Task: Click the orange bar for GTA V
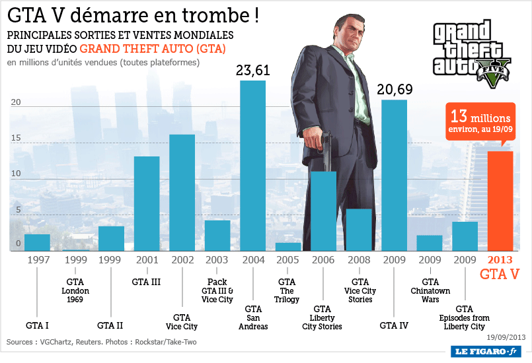click(500, 201)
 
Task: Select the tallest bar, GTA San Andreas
click(252, 165)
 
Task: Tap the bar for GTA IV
click(394, 175)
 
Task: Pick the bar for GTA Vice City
click(182, 192)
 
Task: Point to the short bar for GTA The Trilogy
click(288, 247)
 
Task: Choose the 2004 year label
click(252, 260)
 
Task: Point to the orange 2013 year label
click(500, 260)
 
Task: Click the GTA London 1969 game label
click(75, 290)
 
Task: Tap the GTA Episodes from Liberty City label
click(465, 317)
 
